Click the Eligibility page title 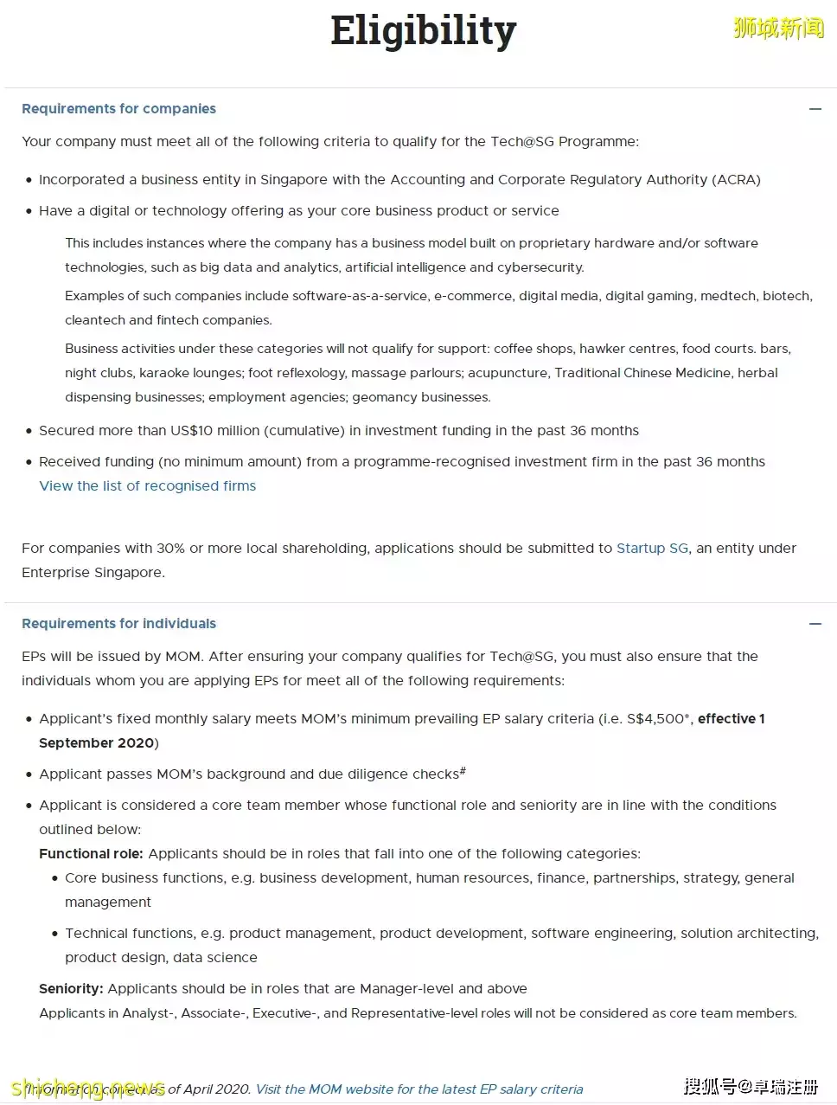(423, 31)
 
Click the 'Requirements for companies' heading (118, 109)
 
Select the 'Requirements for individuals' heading (118, 624)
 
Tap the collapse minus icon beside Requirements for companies (815, 109)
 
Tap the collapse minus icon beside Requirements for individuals (815, 624)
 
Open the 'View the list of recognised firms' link (148, 486)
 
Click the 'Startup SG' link (652, 549)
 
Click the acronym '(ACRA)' (736, 180)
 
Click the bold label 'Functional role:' (91, 854)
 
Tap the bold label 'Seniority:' (71, 989)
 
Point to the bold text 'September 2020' (96, 743)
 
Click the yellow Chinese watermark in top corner (778, 29)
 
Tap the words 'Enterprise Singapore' (93, 573)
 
